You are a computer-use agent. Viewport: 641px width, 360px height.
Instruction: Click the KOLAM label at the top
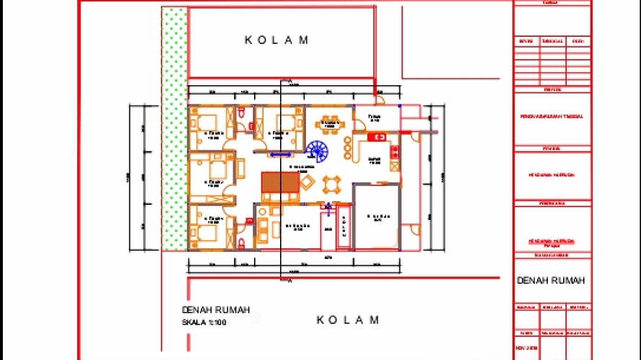coord(277,40)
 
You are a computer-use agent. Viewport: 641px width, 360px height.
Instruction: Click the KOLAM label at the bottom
coord(348,320)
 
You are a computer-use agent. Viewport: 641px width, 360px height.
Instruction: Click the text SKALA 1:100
coord(204,322)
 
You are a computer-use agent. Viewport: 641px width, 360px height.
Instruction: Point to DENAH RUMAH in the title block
coord(551,281)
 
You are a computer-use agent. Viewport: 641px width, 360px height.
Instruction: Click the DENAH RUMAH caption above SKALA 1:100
coord(216,310)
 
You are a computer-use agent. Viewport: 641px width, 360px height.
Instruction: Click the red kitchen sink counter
coord(378,136)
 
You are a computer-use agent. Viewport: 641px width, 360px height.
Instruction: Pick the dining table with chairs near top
coord(329,123)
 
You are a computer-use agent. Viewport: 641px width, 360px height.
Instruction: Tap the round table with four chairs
coord(331,184)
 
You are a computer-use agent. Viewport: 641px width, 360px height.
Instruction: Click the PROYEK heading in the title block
coord(552,90)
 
